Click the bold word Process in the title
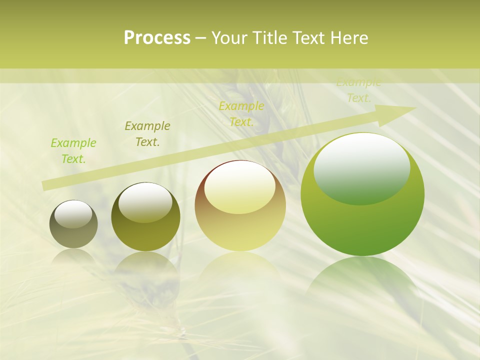[x=157, y=38]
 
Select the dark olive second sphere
[x=145, y=235]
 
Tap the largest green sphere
[x=362, y=225]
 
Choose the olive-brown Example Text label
[x=147, y=134]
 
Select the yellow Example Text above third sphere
[x=241, y=114]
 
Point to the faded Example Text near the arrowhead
[x=358, y=90]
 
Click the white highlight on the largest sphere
[x=361, y=167]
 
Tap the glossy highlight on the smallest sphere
[x=73, y=214]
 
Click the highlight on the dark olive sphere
[x=145, y=202]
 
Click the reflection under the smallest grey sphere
[x=73, y=257]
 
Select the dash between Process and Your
[x=201, y=38]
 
